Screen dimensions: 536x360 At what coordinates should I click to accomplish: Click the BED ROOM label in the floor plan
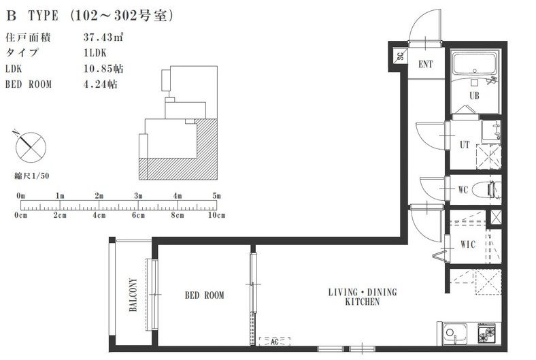[205, 295]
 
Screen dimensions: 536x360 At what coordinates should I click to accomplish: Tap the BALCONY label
[133, 295]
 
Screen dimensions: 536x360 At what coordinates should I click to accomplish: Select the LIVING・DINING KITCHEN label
[363, 297]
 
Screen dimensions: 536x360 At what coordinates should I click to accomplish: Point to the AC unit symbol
[275, 341]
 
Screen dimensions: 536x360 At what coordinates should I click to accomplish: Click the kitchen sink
[455, 333]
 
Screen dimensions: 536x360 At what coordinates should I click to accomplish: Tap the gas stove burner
[488, 333]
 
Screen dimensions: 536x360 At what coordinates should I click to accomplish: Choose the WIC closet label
[467, 244]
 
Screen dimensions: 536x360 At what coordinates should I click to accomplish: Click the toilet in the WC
[486, 189]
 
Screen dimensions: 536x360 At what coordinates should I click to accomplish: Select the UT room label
[465, 145]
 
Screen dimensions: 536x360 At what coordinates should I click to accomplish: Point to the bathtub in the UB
[475, 63]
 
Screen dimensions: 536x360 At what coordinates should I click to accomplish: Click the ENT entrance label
[426, 64]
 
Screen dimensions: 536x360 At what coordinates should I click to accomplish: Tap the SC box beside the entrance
[400, 55]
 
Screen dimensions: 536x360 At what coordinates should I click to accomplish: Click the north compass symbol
[30, 147]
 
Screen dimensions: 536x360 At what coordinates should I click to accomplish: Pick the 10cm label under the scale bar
[217, 215]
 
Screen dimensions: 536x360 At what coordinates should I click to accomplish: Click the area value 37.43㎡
[103, 37]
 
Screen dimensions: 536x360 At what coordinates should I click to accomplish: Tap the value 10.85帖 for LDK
[103, 69]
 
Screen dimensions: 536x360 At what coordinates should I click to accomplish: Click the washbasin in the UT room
[491, 131]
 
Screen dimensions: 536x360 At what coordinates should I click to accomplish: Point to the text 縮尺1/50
[32, 176]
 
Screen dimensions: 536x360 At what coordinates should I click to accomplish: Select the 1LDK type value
[95, 52]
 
